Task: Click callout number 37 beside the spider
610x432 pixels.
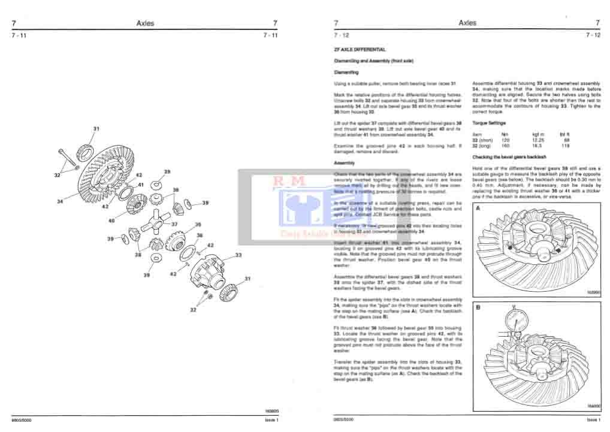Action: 174,224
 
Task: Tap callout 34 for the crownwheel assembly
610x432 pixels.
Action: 60,202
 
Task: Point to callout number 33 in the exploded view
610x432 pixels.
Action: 238,255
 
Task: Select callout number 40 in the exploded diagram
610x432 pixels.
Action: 111,220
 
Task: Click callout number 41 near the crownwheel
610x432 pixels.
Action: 141,185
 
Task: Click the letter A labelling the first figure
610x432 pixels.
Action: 478,207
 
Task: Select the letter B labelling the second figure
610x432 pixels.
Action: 478,308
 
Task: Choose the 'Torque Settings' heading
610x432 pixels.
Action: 490,122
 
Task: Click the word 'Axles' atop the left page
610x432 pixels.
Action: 145,23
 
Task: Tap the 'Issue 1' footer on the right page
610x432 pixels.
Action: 593,420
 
